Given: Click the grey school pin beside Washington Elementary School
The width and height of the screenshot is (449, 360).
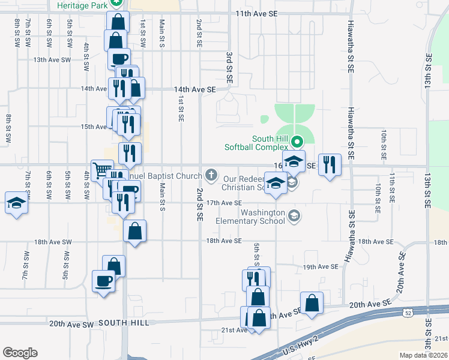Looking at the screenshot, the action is (x=294, y=215).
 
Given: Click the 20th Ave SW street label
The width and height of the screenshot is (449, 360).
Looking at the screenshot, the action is (x=71, y=323).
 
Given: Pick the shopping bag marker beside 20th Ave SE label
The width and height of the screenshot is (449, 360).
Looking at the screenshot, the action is (x=312, y=304).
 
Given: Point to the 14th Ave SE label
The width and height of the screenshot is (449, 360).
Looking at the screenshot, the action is (x=194, y=89).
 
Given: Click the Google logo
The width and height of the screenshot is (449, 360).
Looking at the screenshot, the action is (x=20, y=352).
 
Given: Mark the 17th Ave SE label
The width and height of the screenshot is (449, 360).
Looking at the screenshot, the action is (x=223, y=203).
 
